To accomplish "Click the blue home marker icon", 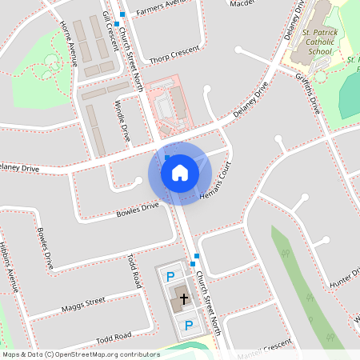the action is pyautogui.click(x=180, y=172).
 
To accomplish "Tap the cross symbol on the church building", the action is pyautogui.click(x=184, y=299).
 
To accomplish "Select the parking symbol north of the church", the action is pyautogui.click(x=170, y=277).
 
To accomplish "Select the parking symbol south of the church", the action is pyautogui.click(x=189, y=325).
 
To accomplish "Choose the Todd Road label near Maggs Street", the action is pyautogui.click(x=134, y=271).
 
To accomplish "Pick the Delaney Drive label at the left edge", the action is pyautogui.click(x=19, y=168).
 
